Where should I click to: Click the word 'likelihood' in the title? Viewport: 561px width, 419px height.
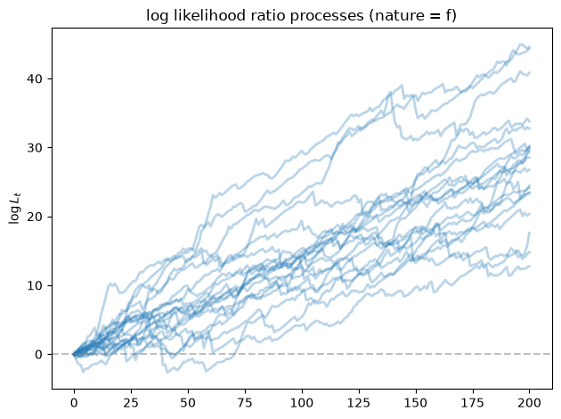[x=202, y=16]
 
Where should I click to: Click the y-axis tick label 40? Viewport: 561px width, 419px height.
[x=35, y=78]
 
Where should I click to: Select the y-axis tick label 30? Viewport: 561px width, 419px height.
[x=35, y=148]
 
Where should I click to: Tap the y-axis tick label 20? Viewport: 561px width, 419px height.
[x=35, y=217]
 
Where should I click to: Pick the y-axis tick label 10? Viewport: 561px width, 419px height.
[x=35, y=285]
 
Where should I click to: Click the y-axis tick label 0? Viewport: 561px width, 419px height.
[x=38, y=354]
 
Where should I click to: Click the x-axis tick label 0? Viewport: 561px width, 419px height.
[x=74, y=403]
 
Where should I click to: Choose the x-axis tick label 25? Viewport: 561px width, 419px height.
[x=131, y=403]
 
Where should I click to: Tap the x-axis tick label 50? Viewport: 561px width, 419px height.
[x=188, y=403]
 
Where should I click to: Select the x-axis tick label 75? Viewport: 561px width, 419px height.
[x=245, y=403]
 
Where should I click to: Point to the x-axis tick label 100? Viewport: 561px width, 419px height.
[x=302, y=403]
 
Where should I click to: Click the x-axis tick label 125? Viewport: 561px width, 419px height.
[x=359, y=403]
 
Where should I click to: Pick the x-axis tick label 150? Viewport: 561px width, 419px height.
[x=416, y=403]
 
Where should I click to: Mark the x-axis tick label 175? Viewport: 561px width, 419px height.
[x=473, y=403]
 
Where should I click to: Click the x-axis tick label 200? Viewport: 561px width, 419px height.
[x=530, y=403]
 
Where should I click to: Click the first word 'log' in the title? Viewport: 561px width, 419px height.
[x=157, y=17]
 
